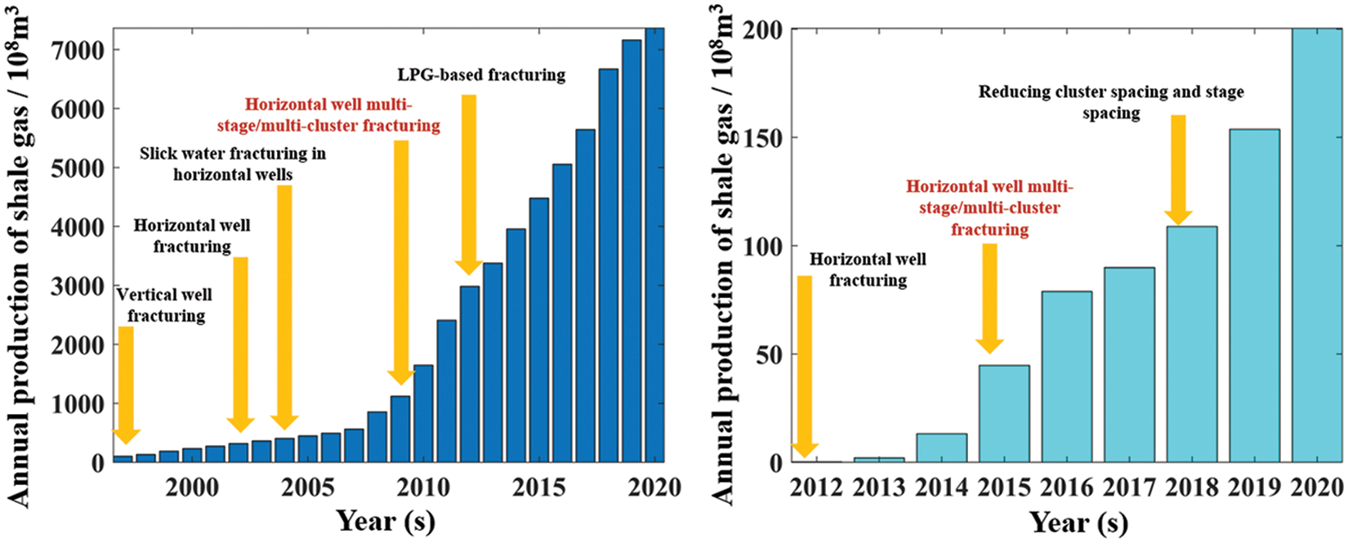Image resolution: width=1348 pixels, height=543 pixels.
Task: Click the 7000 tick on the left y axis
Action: [78, 51]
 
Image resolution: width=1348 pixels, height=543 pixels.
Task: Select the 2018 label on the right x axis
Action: [1192, 488]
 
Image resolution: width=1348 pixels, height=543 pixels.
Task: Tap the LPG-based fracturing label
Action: [481, 75]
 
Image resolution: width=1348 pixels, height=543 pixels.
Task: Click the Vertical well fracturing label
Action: [165, 305]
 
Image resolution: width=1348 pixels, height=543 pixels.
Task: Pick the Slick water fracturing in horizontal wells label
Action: [233, 164]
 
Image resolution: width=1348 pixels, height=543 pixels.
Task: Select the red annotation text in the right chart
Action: [989, 208]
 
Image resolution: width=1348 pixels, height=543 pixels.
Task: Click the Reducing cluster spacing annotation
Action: [1111, 103]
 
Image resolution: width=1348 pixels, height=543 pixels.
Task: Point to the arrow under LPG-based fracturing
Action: [469, 185]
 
